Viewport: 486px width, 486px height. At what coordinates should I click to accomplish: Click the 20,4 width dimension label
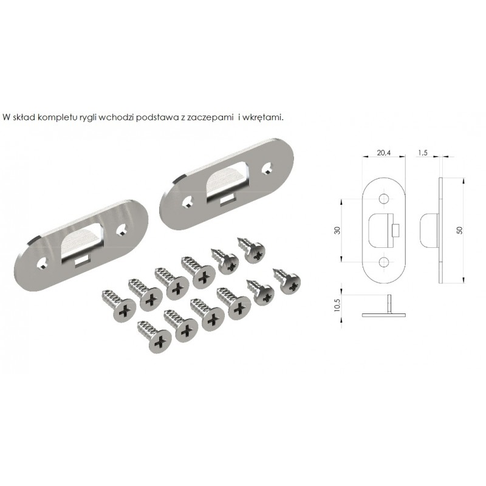[x=384, y=152]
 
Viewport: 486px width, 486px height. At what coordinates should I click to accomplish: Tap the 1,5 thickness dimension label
[x=423, y=152]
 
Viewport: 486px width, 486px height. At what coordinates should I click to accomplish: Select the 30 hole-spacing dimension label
[x=337, y=230]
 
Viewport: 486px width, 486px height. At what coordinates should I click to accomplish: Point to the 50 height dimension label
[x=459, y=230]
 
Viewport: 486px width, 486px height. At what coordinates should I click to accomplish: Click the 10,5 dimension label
[x=337, y=305]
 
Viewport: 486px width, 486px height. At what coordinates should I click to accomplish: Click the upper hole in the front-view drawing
[x=384, y=199]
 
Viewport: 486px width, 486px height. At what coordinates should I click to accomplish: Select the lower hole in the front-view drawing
[x=384, y=262]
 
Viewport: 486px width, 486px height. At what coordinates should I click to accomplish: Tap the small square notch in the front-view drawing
[x=395, y=230]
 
